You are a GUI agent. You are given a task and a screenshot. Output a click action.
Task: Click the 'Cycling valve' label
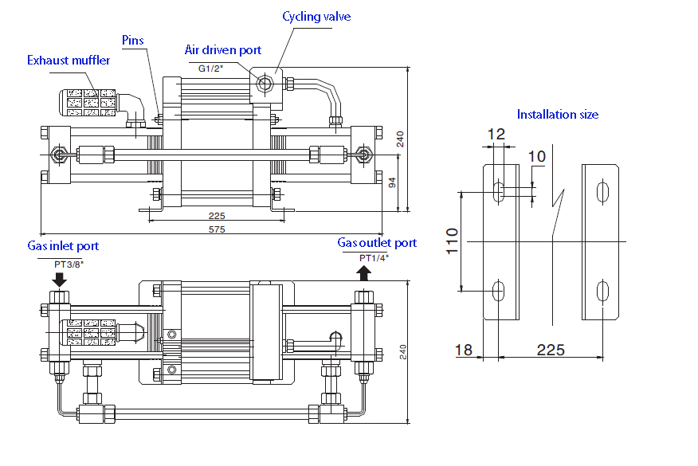click(316, 17)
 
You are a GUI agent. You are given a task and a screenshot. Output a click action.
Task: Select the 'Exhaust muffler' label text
click(69, 61)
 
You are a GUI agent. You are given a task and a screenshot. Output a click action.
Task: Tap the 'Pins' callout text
click(133, 40)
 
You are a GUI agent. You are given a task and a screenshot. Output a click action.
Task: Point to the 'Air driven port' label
click(223, 50)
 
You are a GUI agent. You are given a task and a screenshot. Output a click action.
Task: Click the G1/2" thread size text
click(211, 69)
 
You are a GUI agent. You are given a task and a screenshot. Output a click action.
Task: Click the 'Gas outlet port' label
click(377, 243)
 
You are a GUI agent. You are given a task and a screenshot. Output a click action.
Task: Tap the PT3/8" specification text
click(69, 264)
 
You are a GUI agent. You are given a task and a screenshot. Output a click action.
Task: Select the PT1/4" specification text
click(373, 258)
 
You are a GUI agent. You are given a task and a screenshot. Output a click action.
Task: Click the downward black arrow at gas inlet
click(59, 280)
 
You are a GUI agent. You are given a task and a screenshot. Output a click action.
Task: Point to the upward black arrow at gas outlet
click(363, 273)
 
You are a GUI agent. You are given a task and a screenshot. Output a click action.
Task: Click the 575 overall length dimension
click(217, 229)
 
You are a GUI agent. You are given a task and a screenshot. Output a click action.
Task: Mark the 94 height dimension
click(391, 182)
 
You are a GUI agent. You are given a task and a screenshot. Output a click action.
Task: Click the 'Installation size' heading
click(557, 115)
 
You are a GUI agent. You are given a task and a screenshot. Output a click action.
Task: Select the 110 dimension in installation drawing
click(452, 241)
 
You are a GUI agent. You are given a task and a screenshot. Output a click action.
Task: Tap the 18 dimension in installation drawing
click(465, 350)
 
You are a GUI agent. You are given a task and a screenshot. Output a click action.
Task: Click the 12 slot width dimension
click(496, 135)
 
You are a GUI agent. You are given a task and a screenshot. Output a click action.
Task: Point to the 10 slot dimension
click(538, 156)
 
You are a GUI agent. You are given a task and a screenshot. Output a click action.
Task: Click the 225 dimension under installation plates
click(551, 350)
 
